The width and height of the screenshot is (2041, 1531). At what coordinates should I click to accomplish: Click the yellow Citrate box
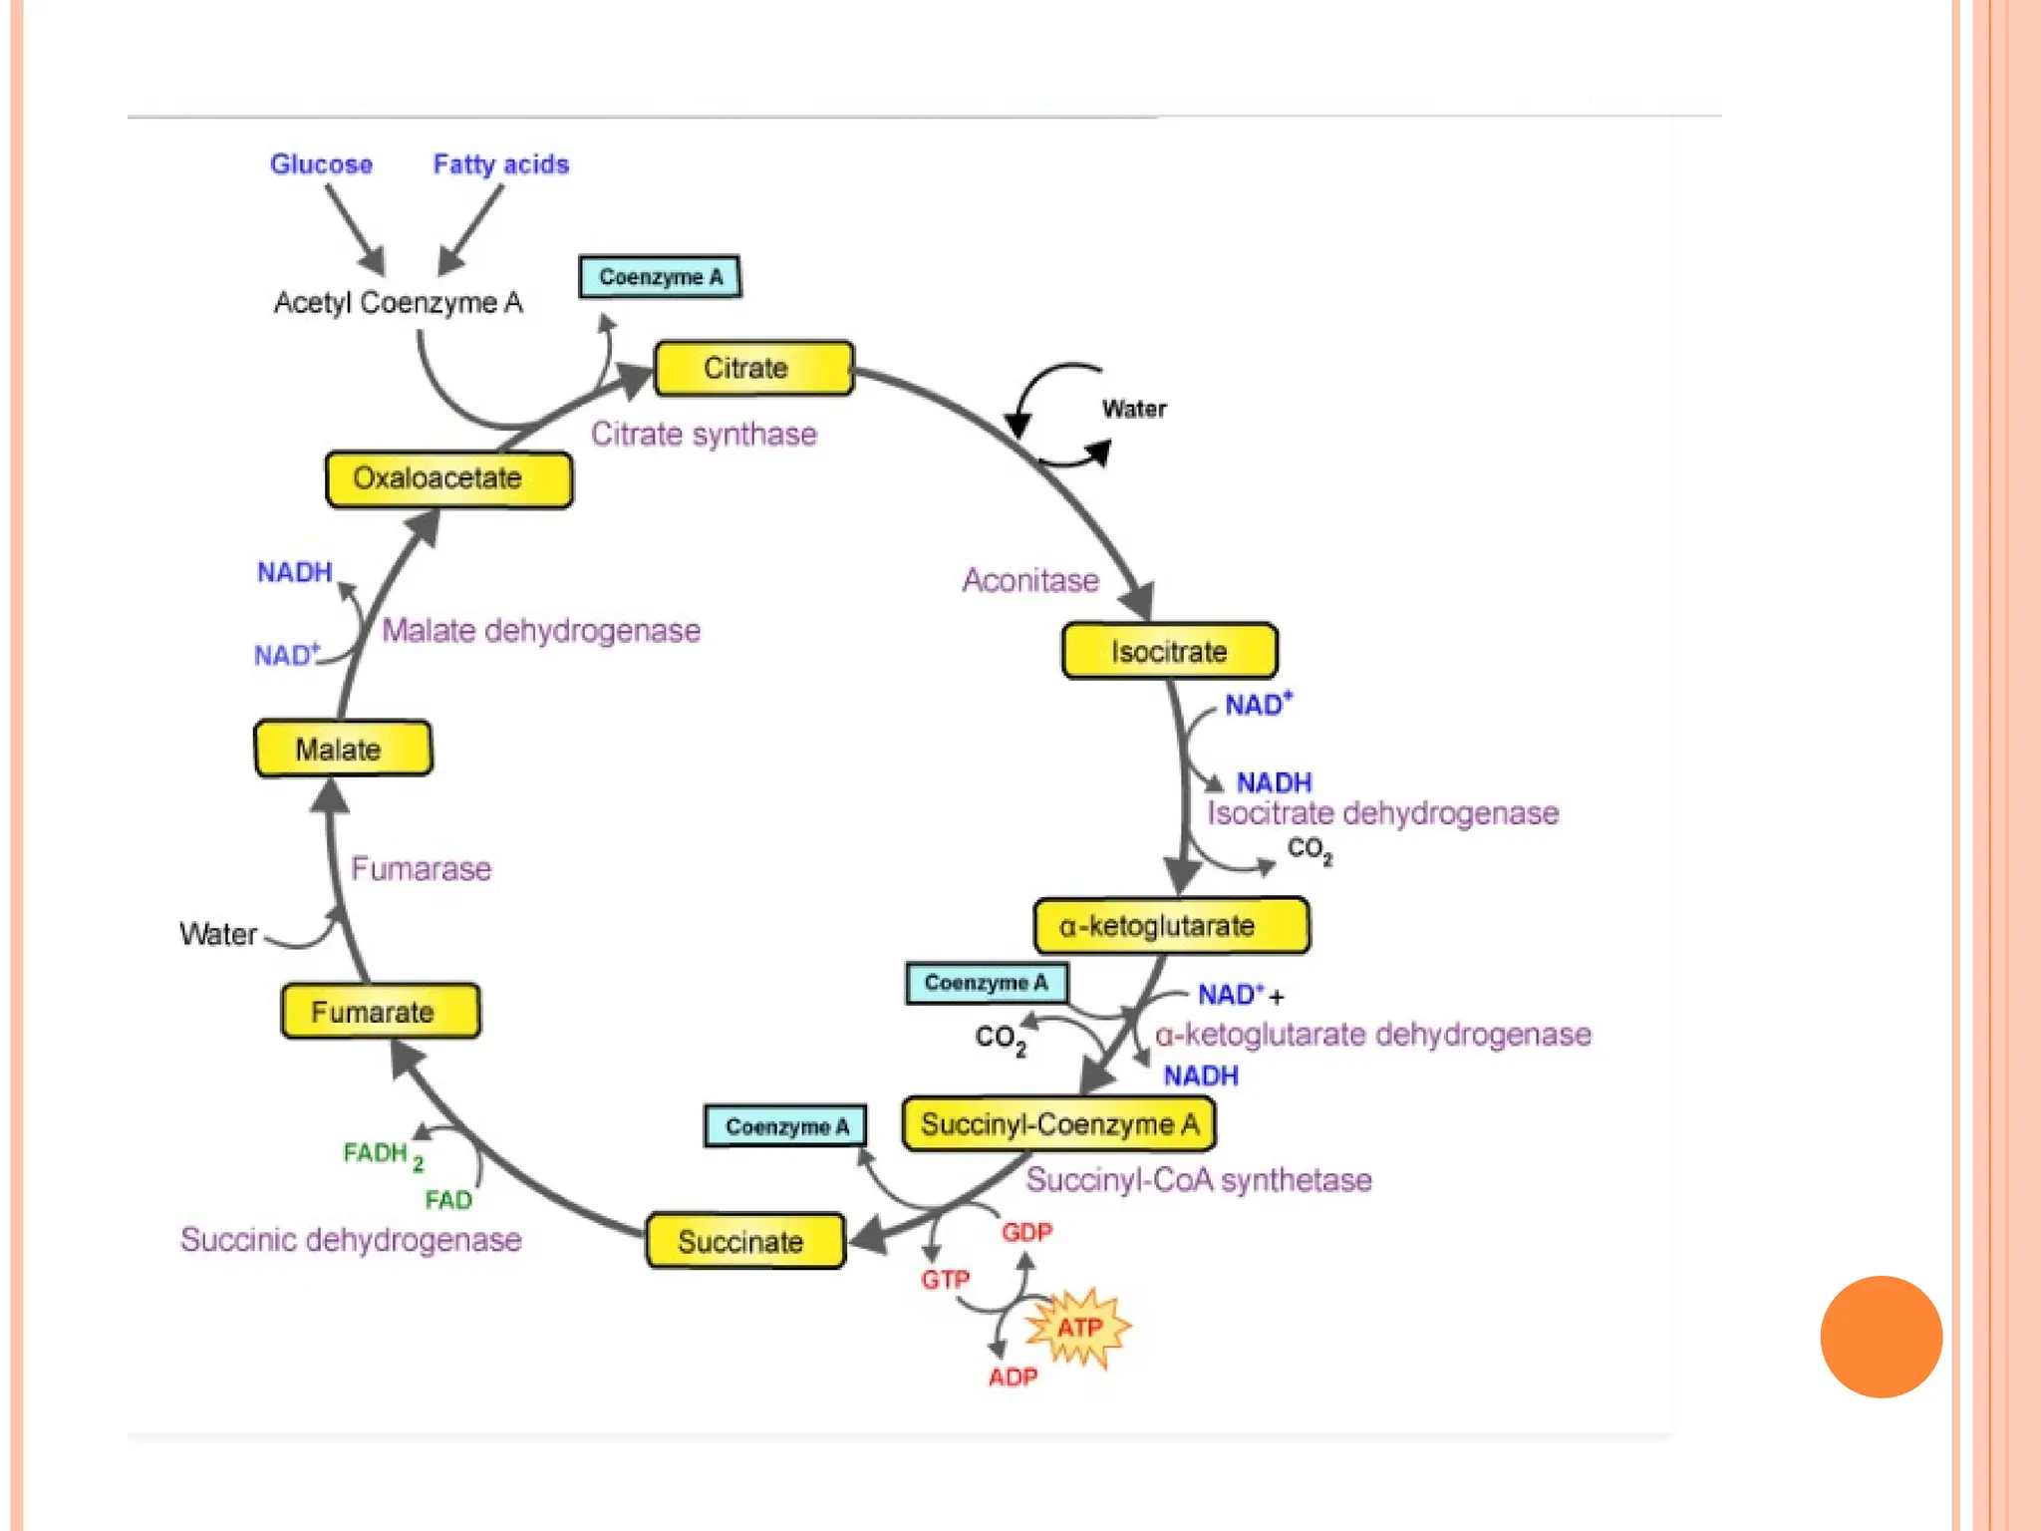coord(753,369)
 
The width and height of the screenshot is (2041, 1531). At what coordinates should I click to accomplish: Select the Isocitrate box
coord(1169,652)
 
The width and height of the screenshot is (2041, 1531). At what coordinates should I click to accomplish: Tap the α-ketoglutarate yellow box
coord(1171,926)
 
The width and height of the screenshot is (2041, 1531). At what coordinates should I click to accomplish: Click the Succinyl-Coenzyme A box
coord(1058,1125)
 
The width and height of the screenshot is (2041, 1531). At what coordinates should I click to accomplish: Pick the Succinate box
coord(744,1242)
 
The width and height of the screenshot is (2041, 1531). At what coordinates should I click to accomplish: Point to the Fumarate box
coord(380,1013)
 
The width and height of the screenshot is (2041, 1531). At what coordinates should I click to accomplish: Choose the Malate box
coord(343,749)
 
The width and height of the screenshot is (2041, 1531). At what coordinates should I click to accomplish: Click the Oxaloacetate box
coord(448,479)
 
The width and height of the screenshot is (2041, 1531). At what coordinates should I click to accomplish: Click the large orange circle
coord(1881,1337)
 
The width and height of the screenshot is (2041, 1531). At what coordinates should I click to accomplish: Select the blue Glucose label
coord(321,164)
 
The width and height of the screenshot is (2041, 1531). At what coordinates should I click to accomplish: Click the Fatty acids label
coord(500,164)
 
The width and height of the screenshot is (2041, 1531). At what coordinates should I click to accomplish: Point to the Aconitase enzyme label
coord(1030,580)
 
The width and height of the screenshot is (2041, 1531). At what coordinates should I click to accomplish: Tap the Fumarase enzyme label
coord(421,869)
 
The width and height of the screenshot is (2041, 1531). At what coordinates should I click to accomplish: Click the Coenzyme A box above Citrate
coord(660,277)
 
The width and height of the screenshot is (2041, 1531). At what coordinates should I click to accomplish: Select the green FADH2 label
coord(383,1155)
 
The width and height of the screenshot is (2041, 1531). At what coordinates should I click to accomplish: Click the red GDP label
coord(1026,1233)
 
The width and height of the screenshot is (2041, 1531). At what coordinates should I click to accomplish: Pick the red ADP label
coord(1013,1378)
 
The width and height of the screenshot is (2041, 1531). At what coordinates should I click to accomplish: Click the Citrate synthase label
coord(704,435)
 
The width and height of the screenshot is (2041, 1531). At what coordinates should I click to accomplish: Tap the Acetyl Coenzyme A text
coord(398,303)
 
